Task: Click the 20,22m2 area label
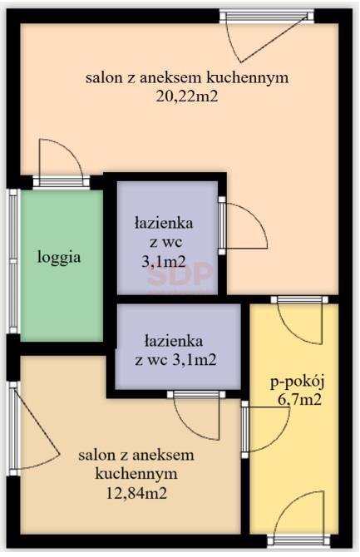[186, 96]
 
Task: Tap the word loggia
[59, 257]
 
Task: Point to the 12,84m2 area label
[136, 492]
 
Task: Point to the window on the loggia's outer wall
[14, 262]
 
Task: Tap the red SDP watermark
[180, 273]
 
